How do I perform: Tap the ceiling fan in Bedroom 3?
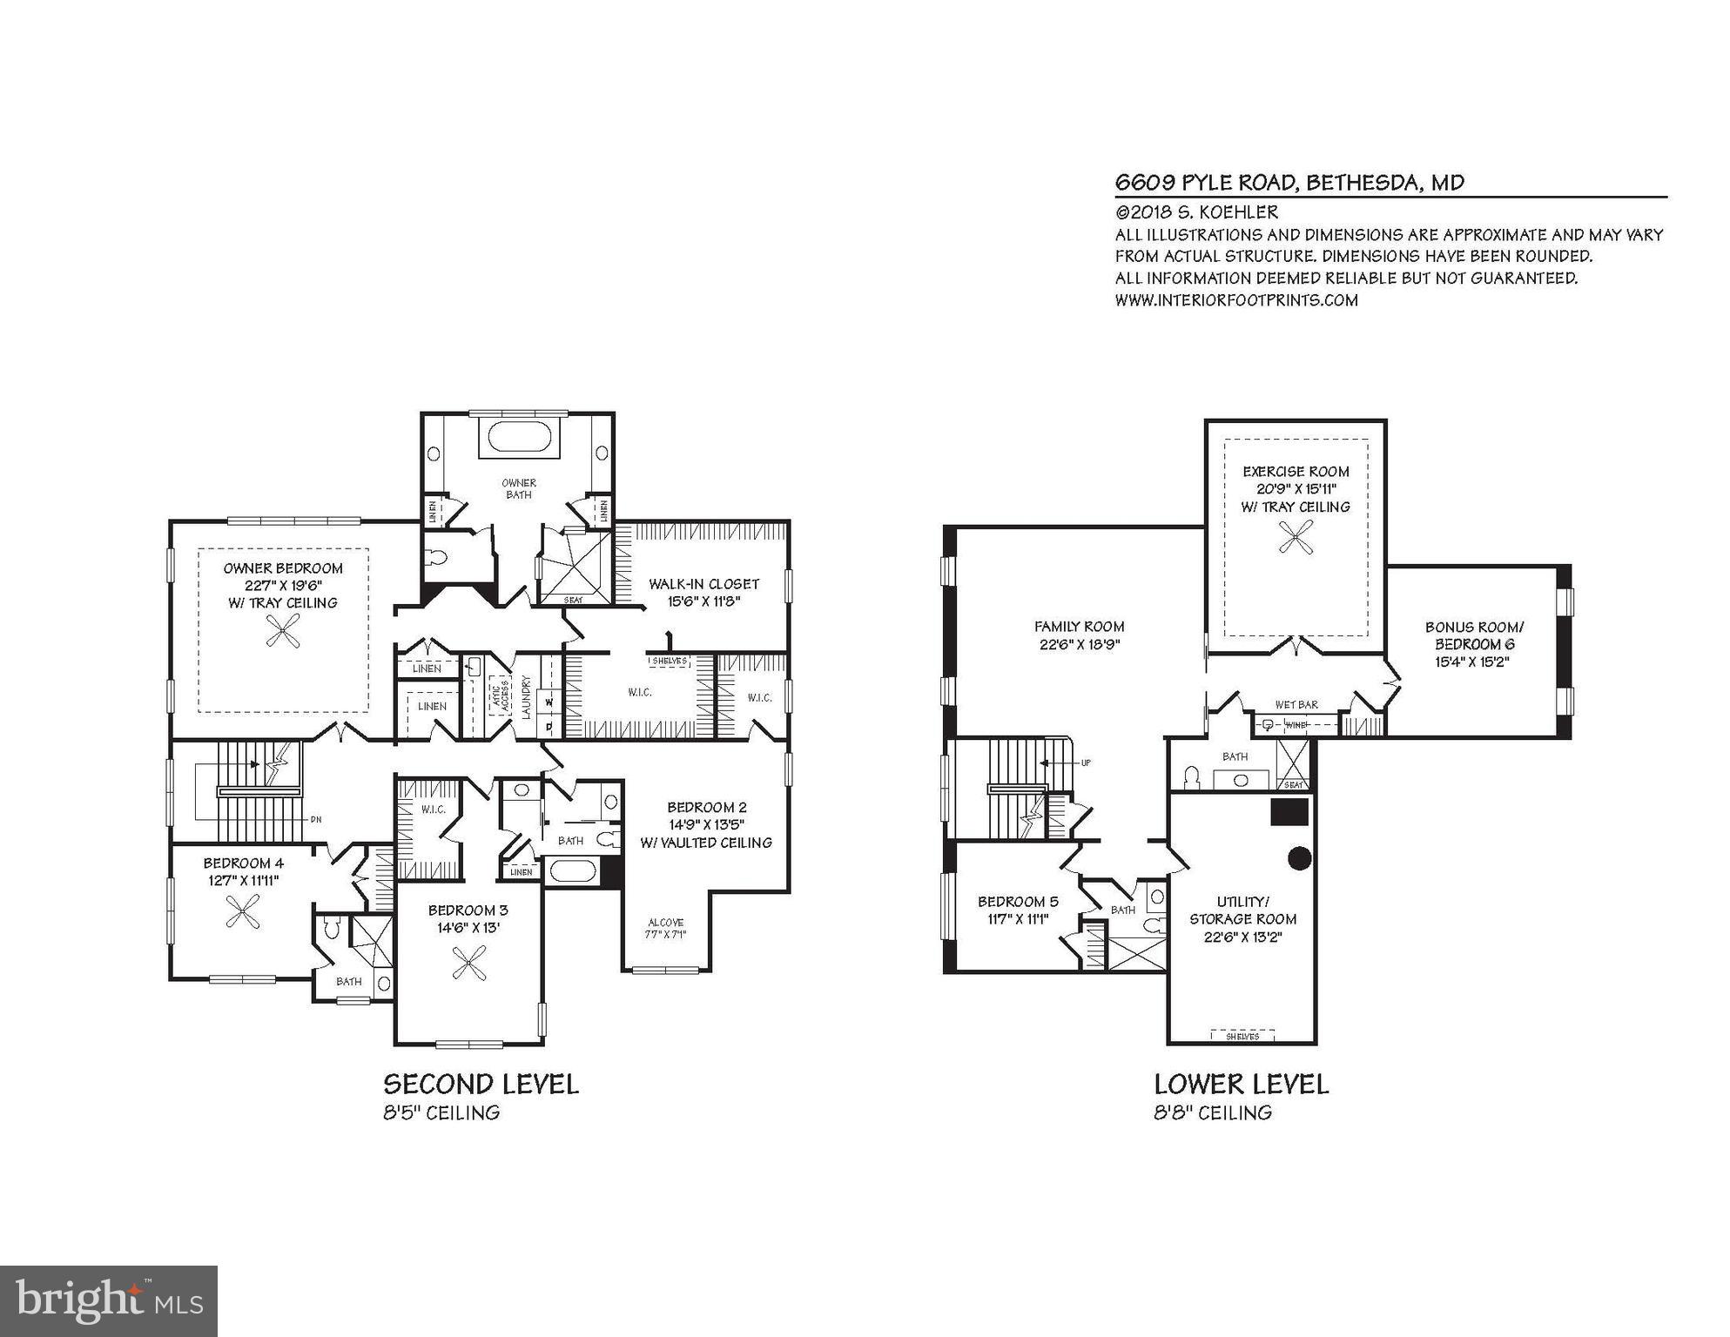tap(469, 963)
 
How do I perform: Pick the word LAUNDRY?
tap(526, 697)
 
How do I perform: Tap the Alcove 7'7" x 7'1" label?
tap(666, 928)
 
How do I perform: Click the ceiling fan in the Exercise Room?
tap(1296, 537)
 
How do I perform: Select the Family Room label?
tap(1079, 635)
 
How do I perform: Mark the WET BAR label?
tap(1296, 704)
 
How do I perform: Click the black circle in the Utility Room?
tap(1299, 858)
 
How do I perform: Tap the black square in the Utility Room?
tap(1289, 811)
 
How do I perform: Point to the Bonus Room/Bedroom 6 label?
tap(1474, 643)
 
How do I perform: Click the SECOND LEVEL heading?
tap(481, 1085)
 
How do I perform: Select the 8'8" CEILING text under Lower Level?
tap(1213, 1112)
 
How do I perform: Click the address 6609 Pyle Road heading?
tap(1289, 183)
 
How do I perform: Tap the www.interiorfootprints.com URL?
tap(1236, 300)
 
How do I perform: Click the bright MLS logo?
tap(109, 1300)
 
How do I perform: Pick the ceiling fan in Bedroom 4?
tap(242, 911)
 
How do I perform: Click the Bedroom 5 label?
tap(1017, 910)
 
